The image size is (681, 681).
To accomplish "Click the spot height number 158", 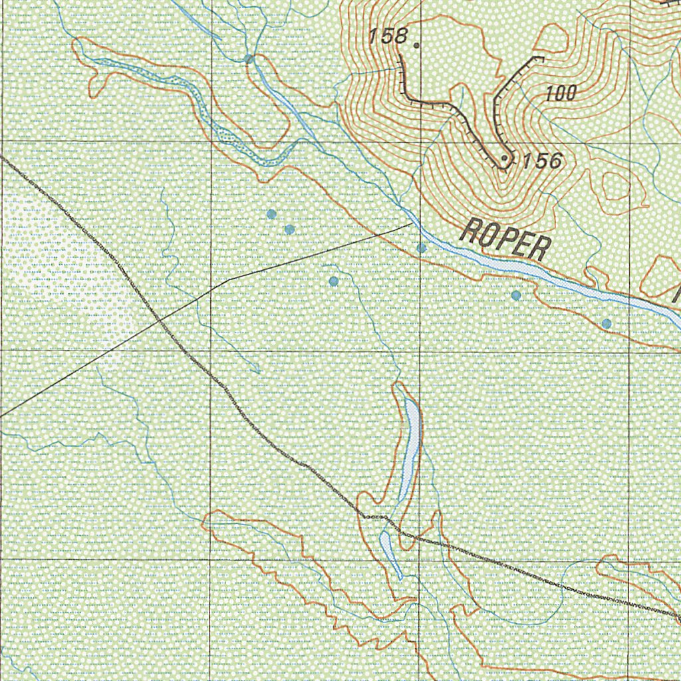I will coord(389,37).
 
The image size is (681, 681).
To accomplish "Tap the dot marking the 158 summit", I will coord(416,46).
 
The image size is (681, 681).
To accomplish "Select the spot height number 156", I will coord(542,161).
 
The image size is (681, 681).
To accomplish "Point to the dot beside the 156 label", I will coord(505,158).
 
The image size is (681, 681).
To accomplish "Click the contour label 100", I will coord(561,94).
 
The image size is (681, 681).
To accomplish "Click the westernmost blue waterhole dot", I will coord(271,213).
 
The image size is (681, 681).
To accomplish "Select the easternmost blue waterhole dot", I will coord(607,324).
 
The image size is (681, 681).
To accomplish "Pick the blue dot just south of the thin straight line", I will coord(334,281).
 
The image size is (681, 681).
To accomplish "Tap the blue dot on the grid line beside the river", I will coord(421,248).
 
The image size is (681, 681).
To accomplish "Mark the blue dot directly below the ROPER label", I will coord(516,295).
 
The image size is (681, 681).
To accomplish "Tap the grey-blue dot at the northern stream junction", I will coord(249,59).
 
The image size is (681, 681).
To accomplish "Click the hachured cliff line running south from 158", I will coord(404,83).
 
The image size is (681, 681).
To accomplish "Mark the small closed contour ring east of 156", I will coord(615,186).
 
